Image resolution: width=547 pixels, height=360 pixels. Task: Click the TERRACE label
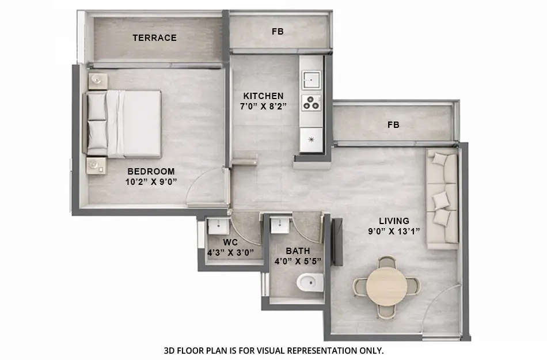(154, 38)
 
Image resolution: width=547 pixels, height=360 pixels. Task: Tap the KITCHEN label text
(263, 96)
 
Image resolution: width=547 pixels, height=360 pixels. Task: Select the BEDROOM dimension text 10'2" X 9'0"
(151, 182)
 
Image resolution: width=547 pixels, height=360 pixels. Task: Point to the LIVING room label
(394, 221)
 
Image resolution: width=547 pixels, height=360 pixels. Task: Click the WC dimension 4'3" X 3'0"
(230, 252)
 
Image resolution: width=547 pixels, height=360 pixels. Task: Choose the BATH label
(298, 251)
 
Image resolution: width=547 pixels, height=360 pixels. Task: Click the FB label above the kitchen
(278, 31)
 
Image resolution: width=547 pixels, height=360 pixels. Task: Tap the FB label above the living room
(393, 124)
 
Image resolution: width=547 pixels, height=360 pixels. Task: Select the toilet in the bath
(310, 283)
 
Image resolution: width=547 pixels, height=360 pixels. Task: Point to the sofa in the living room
(443, 199)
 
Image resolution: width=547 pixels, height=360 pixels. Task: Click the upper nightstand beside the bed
(98, 81)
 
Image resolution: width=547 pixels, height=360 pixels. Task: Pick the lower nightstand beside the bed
(96, 165)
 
